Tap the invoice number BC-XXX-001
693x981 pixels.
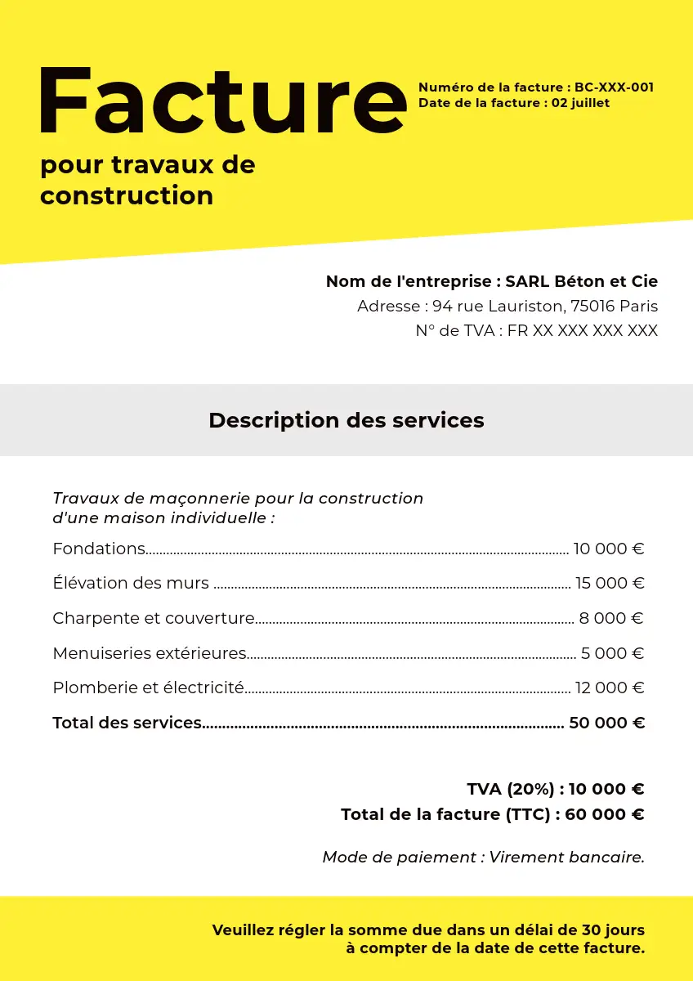pos(614,87)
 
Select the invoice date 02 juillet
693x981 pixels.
pos(580,103)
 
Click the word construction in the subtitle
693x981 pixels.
pos(127,196)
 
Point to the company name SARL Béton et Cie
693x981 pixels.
pos(581,281)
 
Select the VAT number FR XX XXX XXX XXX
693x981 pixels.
pos(583,331)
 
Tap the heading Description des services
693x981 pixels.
pos(346,420)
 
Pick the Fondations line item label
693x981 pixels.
pos(99,549)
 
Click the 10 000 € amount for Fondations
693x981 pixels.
pos(609,549)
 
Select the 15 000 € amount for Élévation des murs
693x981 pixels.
pos(610,584)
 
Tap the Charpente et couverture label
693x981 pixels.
pos(154,619)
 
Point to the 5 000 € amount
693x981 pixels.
pos(613,654)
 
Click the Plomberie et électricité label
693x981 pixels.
pos(148,688)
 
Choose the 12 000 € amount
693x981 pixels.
pos(610,688)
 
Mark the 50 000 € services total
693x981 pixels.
pos(606,723)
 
